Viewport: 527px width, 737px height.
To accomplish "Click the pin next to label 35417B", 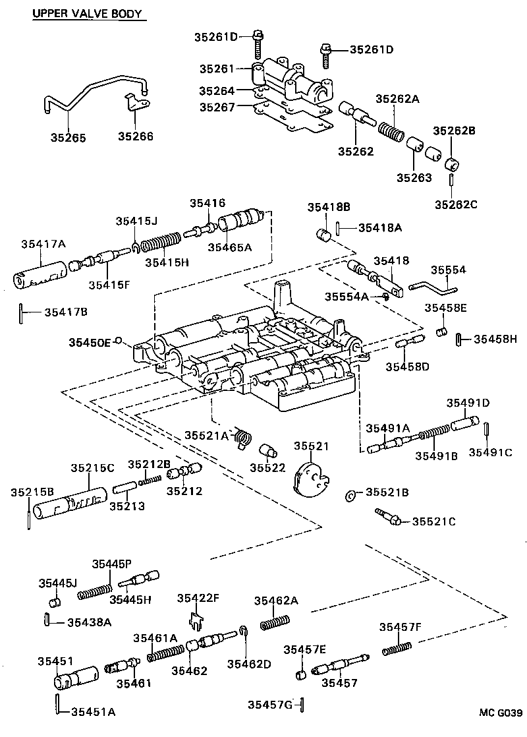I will click(x=21, y=309).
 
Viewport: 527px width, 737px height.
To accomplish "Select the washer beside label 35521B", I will click(x=350, y=494).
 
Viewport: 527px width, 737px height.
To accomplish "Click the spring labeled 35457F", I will click(x=397, y=648).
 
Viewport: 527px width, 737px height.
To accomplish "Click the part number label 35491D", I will click(x=468, y=403).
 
